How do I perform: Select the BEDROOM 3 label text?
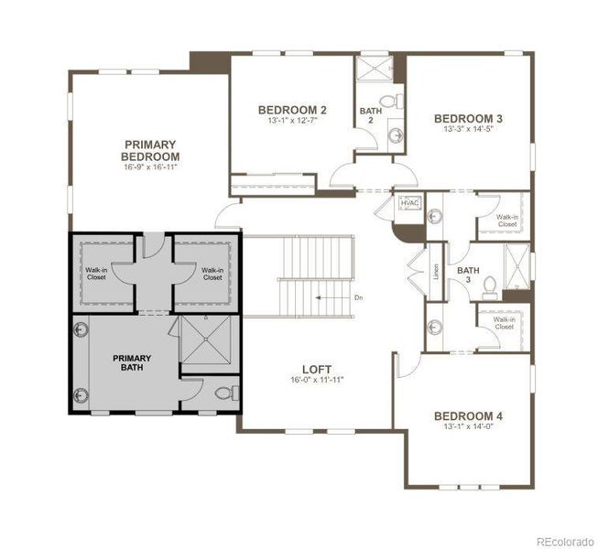click(468, 118)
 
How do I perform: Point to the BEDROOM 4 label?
click(468, 416)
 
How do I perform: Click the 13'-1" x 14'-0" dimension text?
click(468, 428)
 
